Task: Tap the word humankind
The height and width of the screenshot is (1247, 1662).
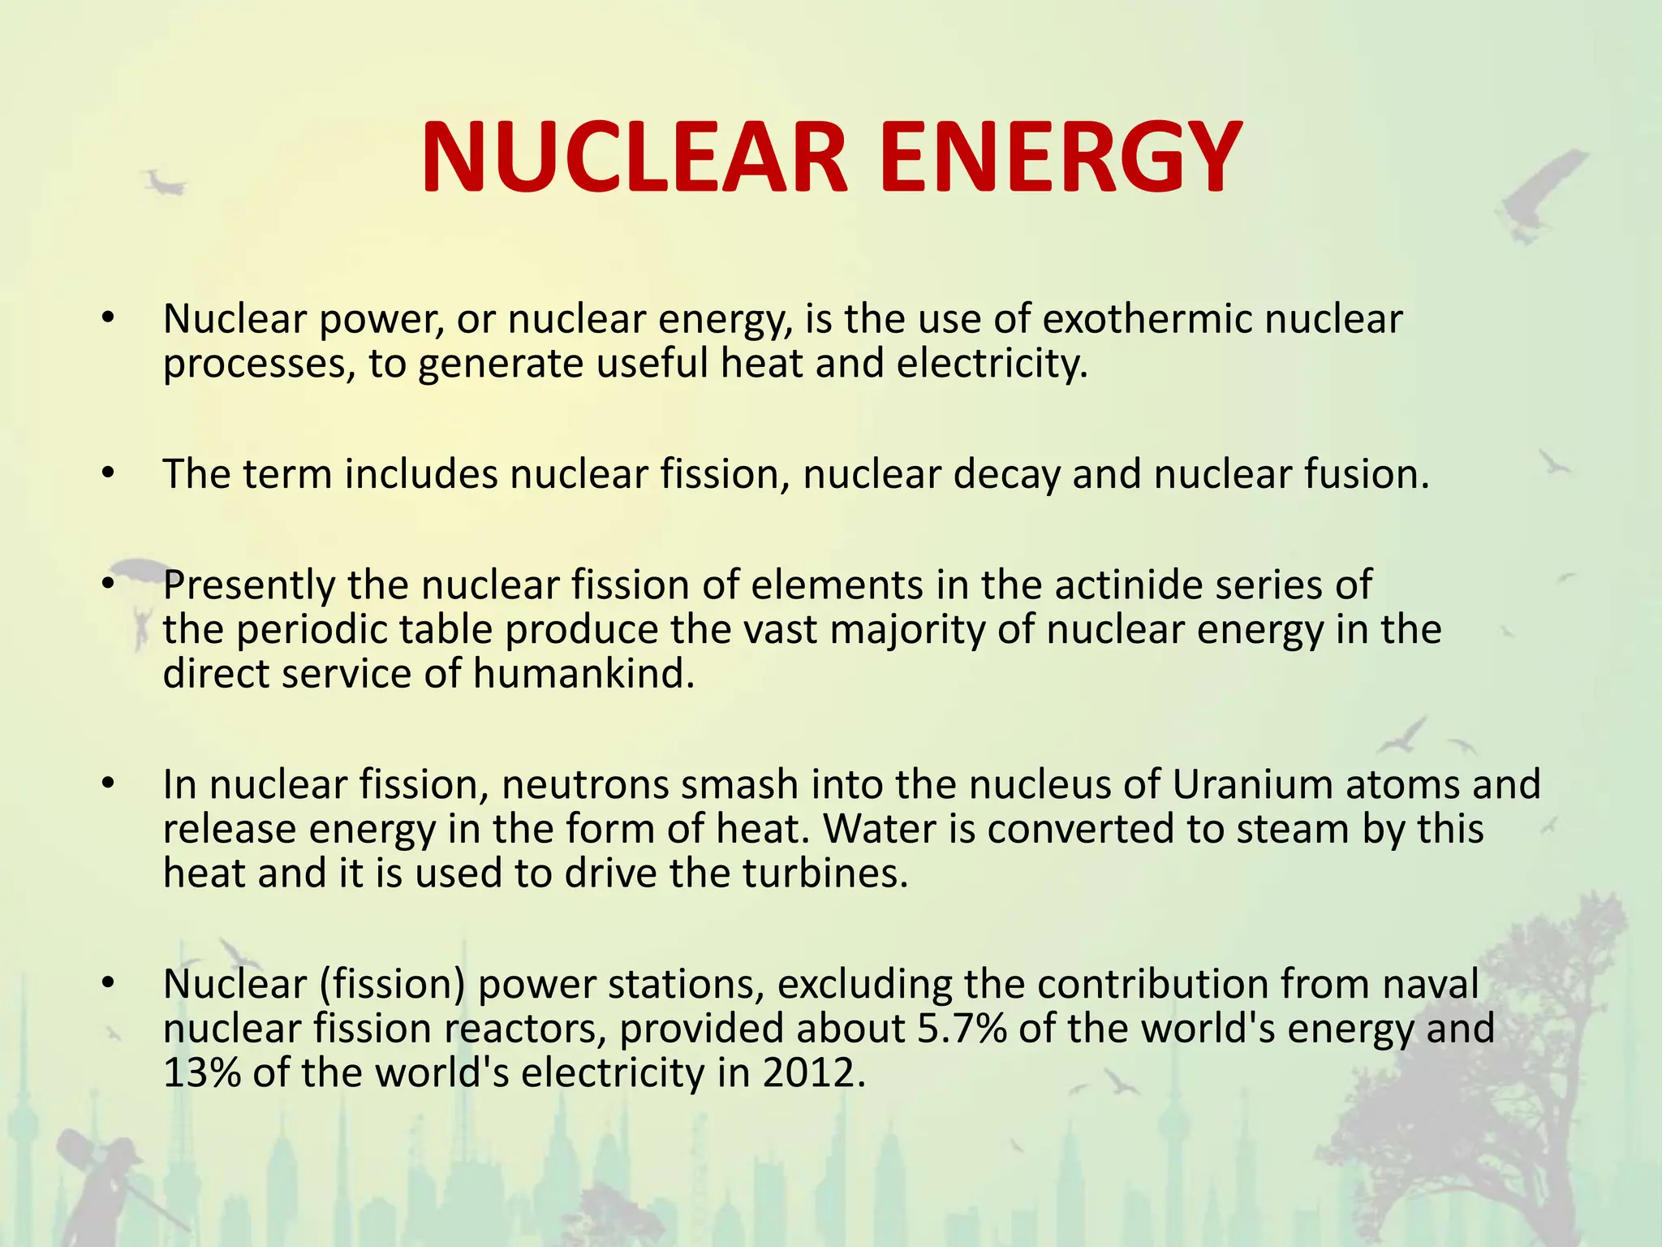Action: coord(583,674)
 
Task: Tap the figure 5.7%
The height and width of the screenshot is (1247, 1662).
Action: coord(962,1029)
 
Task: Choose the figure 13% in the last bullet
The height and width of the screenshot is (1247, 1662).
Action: coord(202,1073)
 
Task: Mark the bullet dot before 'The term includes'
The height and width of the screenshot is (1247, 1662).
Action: coord(109,473)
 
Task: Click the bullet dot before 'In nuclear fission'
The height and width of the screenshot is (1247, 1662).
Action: coord(109,784)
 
